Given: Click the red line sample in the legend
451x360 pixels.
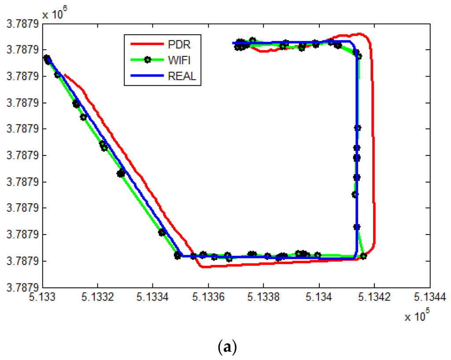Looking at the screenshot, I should tap(147, 44).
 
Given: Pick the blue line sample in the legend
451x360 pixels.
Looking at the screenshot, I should tap(147, 76).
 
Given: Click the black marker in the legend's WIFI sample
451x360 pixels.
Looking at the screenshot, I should tap(147, 60).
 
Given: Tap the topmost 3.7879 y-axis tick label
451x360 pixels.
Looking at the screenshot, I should tap(21, 23).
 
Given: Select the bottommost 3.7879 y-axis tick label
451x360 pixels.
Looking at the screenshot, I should tap(21, 287).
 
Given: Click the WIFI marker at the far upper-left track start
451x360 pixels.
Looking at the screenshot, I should tap(47, 59).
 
